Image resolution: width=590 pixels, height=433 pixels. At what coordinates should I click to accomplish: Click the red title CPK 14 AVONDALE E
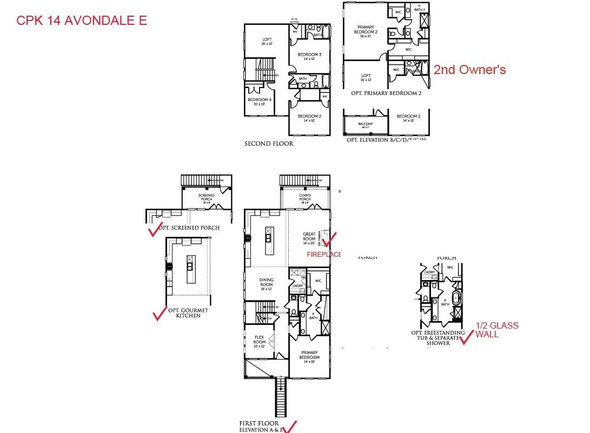[82, 21]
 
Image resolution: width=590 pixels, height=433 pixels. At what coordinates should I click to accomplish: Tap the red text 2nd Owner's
[469, 70]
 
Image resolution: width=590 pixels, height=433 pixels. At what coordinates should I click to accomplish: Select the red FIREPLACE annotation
[323, 254]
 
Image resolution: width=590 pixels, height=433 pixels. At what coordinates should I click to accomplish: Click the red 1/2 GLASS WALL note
[496, 330]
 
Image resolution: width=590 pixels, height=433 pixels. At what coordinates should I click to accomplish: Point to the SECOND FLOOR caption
[269, 144]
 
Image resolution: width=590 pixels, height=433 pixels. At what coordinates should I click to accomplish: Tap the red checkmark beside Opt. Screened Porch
[155, 230]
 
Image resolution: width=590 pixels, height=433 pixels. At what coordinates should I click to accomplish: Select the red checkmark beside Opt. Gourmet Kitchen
[160, 314]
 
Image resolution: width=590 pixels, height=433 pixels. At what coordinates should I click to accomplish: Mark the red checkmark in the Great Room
[329, 238]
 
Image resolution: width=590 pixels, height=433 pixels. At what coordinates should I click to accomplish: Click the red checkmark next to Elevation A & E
[290, 427]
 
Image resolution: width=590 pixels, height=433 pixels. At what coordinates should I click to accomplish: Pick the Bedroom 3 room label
[309, 56]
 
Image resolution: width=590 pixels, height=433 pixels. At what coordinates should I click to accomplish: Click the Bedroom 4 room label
[260, 101]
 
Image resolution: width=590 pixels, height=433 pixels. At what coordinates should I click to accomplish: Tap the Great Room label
[309, 238]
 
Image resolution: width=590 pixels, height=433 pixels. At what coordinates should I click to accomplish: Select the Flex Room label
[260, 342]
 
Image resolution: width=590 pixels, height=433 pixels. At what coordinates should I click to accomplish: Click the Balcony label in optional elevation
[366, 125]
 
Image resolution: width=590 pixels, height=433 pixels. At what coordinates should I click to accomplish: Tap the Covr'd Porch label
[305, 198]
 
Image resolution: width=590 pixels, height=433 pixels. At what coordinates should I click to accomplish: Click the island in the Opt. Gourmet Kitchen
[190, 269]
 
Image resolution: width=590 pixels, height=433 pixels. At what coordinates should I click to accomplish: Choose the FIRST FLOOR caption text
[259, 423]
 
